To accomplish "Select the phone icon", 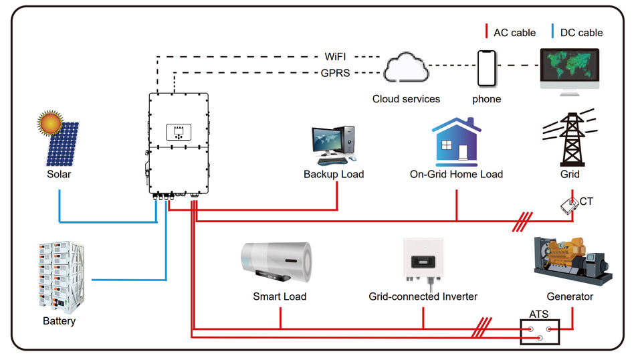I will coord(486,68).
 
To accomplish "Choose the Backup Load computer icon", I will coord(332,145).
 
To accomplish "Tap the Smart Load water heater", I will coord(277,262).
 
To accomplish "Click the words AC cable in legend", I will coord(514,32).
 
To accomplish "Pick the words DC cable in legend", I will coord(581,32).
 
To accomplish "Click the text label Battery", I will coord(59,321).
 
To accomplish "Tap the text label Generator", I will coord(570,296).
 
